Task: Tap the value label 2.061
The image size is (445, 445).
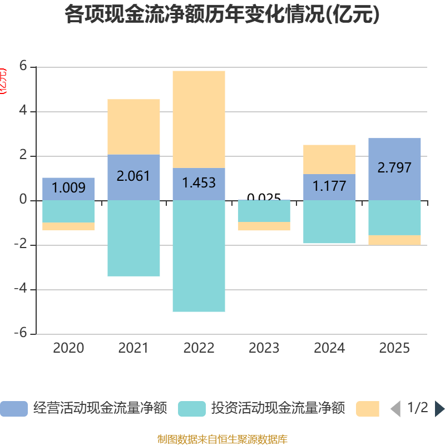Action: coord(133,176)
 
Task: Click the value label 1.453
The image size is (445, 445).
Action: coord(199,182)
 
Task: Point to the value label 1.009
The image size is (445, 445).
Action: coord(68,188)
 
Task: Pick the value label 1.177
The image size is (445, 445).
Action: coord(329,186)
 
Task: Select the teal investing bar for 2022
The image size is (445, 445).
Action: coord(199,256)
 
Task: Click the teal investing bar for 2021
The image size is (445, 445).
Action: coord(133,238)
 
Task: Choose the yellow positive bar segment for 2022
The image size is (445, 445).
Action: coord(199,119)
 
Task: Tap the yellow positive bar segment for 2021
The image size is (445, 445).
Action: coord(133,127)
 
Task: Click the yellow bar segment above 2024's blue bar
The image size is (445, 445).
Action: coord(329,159)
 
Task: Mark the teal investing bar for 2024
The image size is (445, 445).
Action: coord(329,222)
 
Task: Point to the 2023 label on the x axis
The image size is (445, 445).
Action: coord(264,348)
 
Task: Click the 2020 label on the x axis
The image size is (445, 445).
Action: coord(68,348)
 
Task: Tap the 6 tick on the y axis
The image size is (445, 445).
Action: coord(23,66)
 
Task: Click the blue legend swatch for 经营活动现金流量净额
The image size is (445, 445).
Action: coord(13,409)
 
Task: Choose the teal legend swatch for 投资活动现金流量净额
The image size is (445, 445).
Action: coord(192,409)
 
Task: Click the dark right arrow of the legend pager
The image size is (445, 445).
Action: coord(439,409)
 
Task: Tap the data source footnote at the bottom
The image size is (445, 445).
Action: coord(222,439)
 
